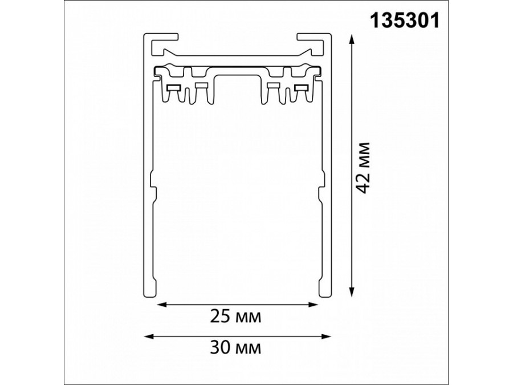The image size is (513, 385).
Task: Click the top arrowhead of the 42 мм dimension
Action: (352, 38)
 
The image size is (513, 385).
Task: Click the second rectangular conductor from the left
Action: (201, 86)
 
